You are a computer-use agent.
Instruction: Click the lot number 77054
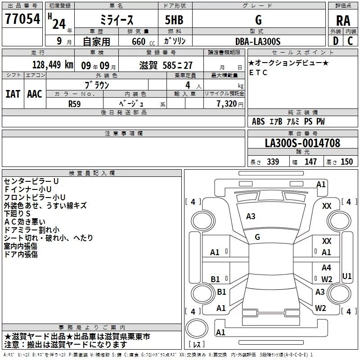click(22, 19)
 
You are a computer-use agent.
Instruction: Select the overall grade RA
click(343, 21)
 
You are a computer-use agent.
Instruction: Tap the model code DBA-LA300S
click(258, 41)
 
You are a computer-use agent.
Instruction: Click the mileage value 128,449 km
click(53, 64)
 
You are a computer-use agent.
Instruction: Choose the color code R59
click(74, 103)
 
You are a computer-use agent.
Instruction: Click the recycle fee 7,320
click(226, 103)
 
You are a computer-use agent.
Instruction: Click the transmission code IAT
click(13, 94)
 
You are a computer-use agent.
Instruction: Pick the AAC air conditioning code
click(35, 94)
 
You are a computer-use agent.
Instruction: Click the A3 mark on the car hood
click(251, 216)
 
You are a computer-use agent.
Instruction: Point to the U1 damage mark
click(347, 276)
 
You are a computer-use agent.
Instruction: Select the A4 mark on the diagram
click(326, 268)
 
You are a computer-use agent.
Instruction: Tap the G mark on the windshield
click(257, 237)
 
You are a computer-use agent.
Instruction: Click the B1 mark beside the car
click(216, 279)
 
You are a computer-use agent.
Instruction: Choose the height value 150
click(346, 162)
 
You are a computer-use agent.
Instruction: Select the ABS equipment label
click(258, 121)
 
